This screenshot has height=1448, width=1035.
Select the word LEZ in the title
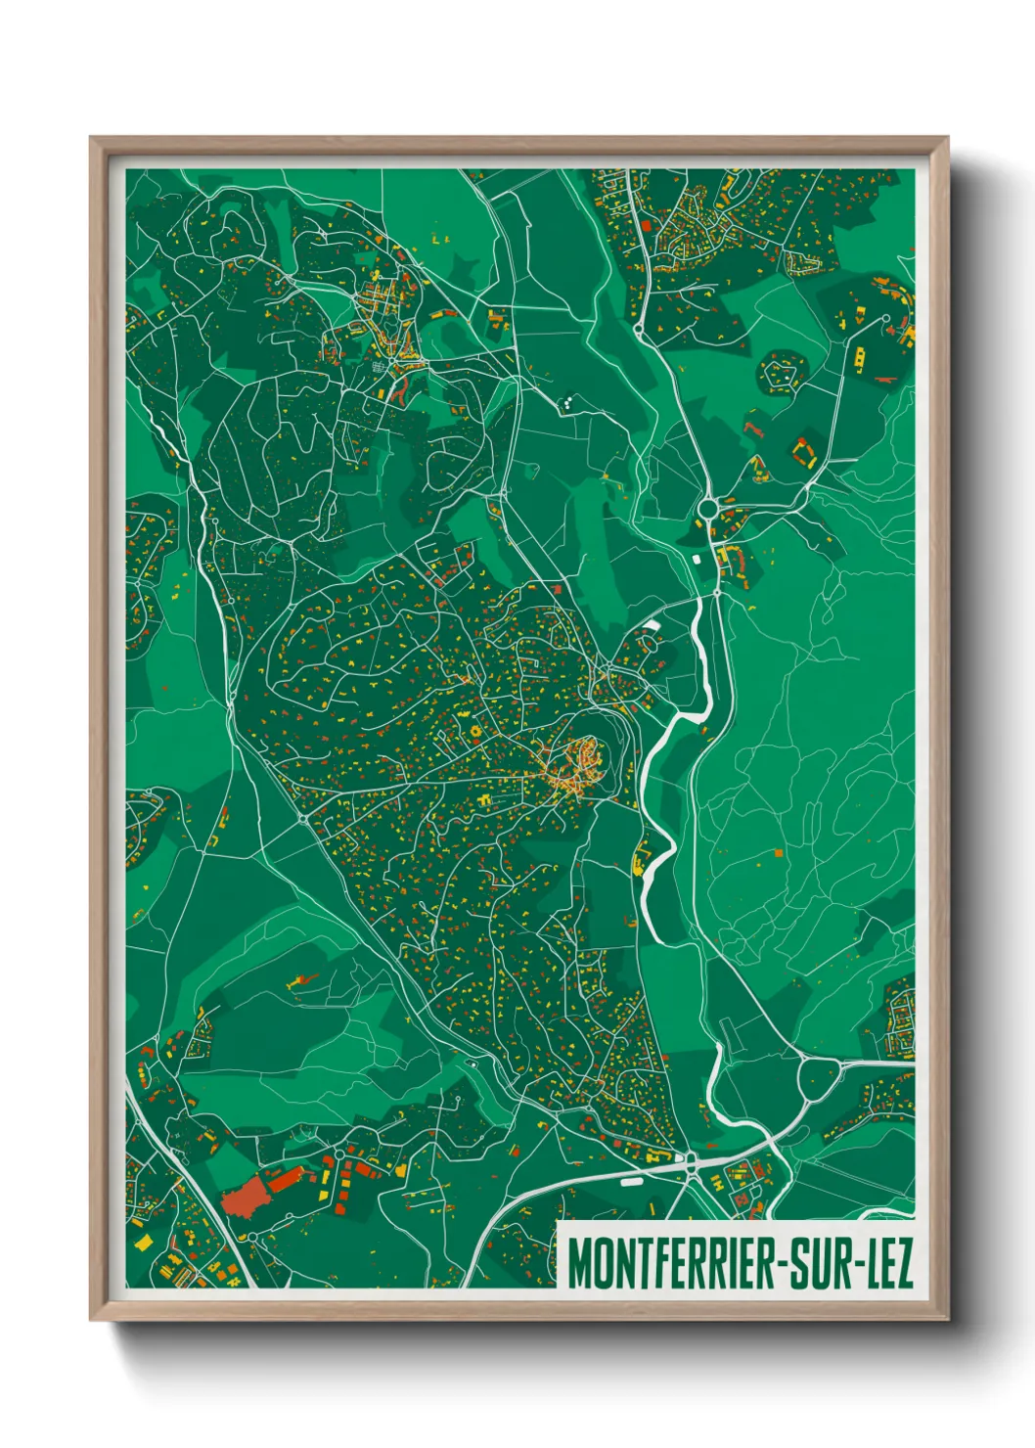pyautogui.click(x=888, y=1264)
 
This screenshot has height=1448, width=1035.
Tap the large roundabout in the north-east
pyautogui.click(x=708, y=508)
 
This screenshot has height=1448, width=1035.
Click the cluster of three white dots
pyautogui.click(x=566, y=400)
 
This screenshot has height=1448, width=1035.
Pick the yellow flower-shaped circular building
pyautogui.click(x=476, y=730)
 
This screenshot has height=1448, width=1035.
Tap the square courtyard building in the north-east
pyautogui.click(x=804, y=451)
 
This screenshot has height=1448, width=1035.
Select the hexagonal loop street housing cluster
pyautogui.click(x=780, y=374)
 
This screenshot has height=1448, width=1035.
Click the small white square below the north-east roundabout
pyautogui.click(x=696, y=559)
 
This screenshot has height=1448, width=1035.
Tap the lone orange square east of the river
pyautogui.click(x=779, y=852)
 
